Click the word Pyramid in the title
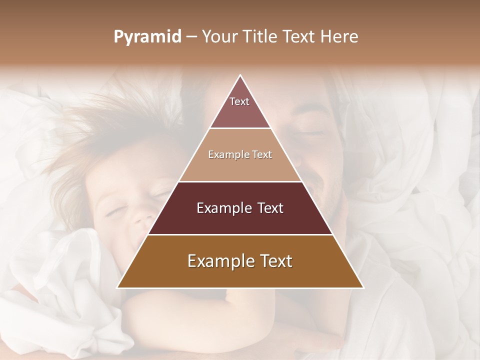147,37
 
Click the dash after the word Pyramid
191,37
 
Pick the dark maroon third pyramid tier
240,208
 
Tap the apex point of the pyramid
240,75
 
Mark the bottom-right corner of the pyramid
363,287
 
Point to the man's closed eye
311,133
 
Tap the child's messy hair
90,145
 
